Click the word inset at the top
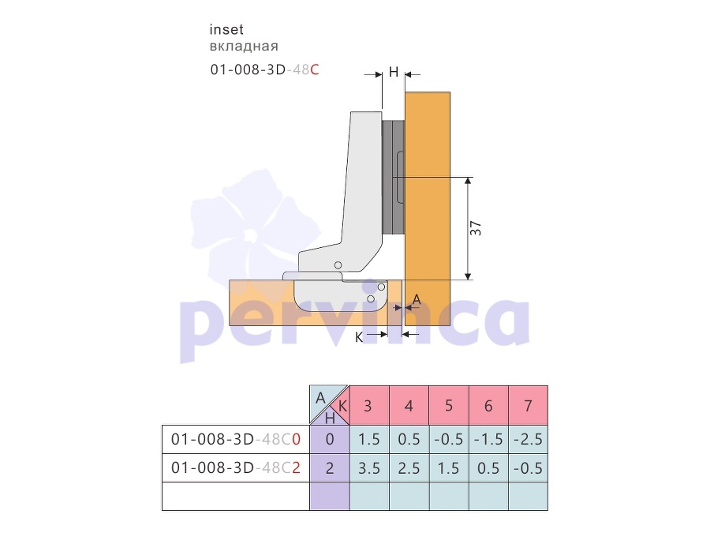coord(226,29)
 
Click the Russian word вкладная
coord(244,47)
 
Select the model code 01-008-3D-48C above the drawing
coord(264,69)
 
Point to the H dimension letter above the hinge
coord(394,72)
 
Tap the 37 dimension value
coord(476,228)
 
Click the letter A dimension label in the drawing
coord(417,299)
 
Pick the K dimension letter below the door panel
coord(359,338)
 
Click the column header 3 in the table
coord(369,405)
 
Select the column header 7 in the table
coord(528,405)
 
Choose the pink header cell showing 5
coord(449,405)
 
